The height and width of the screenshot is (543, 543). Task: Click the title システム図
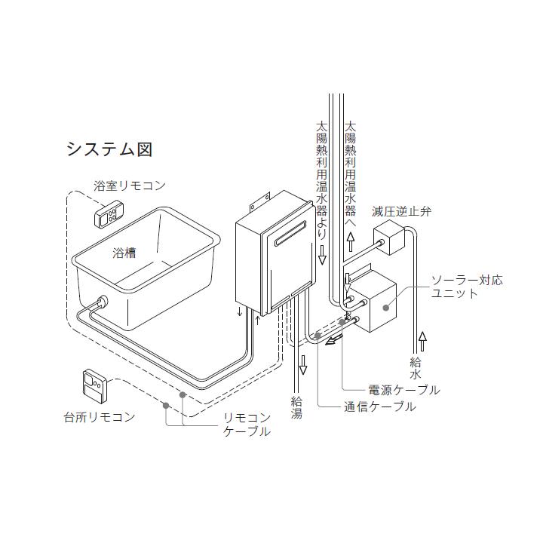tap(109, 149)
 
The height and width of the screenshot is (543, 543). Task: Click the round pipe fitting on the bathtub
tap(100, 304)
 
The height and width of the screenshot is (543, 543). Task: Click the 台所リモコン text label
tap(100, 416)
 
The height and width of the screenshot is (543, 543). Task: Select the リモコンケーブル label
tap(247, 425)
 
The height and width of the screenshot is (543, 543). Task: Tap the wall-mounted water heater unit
tap(270, 256)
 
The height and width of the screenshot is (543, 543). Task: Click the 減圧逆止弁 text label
tap(402, 211)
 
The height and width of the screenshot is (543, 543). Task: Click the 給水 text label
tap(416, 368)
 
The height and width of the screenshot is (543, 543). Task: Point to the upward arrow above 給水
tap(422, 339)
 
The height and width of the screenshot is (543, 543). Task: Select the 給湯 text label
tap(297, 407)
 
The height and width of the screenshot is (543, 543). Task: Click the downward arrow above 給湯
tap(302, 367)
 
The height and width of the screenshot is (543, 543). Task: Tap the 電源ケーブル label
tap(403, 390)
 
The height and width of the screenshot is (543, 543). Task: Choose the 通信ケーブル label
tap(379, 406)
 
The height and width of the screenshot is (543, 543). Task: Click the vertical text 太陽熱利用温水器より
tap(322, 175)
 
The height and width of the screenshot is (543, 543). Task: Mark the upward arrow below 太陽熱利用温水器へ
tap(350, 241)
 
